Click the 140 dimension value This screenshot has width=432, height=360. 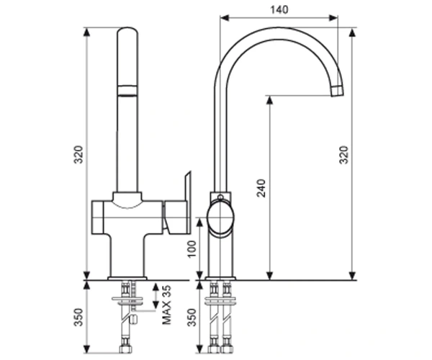279,9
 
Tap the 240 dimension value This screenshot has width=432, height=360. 261,188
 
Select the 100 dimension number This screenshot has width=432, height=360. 192,248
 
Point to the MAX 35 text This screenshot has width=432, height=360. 166,305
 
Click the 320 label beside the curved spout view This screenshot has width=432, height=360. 343,155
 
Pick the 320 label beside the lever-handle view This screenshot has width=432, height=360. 78,154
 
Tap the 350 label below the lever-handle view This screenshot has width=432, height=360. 78,318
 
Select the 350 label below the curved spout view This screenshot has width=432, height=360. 192,318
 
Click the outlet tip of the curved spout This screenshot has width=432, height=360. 337,91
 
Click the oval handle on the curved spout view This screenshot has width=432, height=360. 220,217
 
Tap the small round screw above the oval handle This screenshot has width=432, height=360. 220,197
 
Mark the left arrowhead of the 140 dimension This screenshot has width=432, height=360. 225,18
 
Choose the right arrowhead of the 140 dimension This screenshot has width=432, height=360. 333,18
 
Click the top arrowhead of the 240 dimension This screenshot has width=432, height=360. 270,100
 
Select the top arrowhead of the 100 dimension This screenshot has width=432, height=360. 200,222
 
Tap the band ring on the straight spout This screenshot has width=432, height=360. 127,91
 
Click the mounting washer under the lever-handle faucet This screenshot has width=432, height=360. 127,299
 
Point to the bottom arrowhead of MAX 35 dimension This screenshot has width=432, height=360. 156,305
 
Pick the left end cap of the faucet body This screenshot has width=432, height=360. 97,217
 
